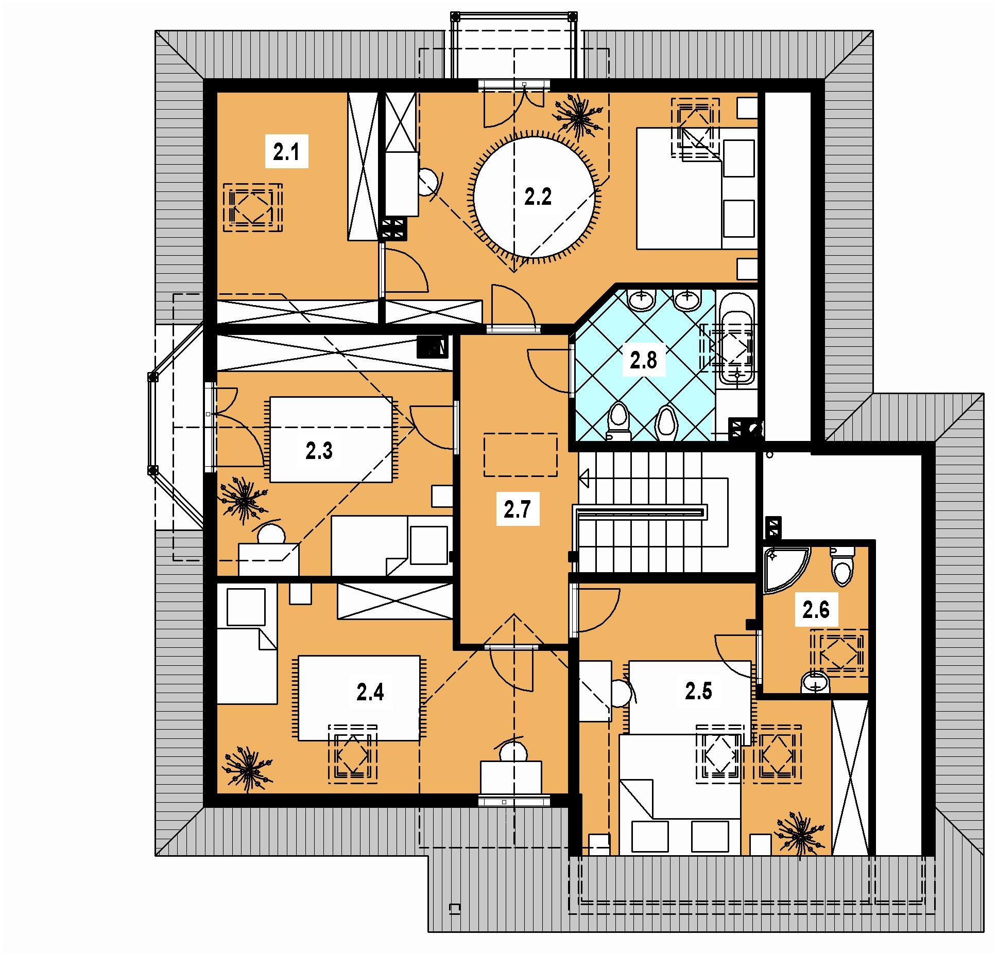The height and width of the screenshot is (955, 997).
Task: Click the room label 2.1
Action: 286,153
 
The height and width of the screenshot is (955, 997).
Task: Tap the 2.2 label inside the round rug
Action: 538,197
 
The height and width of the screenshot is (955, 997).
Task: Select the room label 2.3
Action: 319,451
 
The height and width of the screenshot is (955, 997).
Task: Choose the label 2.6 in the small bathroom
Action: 816,610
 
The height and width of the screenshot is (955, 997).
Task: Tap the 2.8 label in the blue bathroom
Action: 644,360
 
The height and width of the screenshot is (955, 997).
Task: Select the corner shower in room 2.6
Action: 783,569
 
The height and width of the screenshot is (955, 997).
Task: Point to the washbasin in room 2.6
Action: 816,682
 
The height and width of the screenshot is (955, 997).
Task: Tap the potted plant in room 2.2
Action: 579,117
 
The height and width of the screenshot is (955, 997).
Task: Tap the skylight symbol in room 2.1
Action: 252,208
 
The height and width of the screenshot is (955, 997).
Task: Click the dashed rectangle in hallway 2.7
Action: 521,454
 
